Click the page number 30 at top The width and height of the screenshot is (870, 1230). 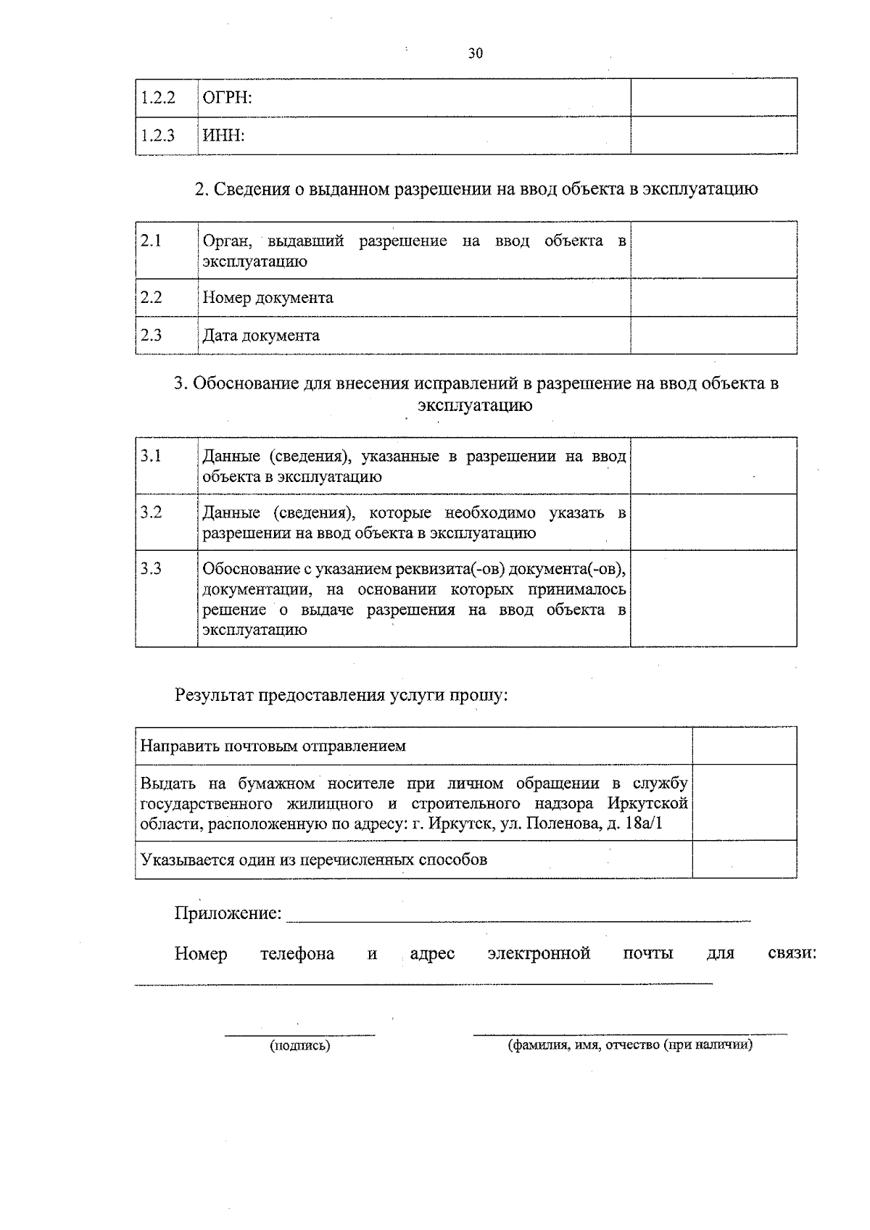point(476,53)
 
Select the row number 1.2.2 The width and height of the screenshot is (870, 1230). point(157,98)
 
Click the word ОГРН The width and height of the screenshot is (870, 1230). point(226,98)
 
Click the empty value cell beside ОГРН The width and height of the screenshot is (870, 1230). point(713,98)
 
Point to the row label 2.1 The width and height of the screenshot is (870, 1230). point(151,241)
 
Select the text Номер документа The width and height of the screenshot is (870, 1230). point(268,298)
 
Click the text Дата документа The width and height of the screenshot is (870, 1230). point(261,336)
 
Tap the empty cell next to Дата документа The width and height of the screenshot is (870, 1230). point(713,336)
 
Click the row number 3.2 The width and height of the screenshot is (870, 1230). point(151,512)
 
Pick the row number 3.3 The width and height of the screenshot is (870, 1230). point(151,568)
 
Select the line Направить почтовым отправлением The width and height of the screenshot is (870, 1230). point(273,746)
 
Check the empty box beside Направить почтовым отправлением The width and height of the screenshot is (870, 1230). point(744,746)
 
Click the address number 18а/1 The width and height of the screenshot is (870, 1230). point(643,824)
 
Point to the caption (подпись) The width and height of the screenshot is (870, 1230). point(299,1046)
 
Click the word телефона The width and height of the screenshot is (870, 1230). point(297,954)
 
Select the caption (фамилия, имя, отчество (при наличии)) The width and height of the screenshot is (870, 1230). point(629,1045)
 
